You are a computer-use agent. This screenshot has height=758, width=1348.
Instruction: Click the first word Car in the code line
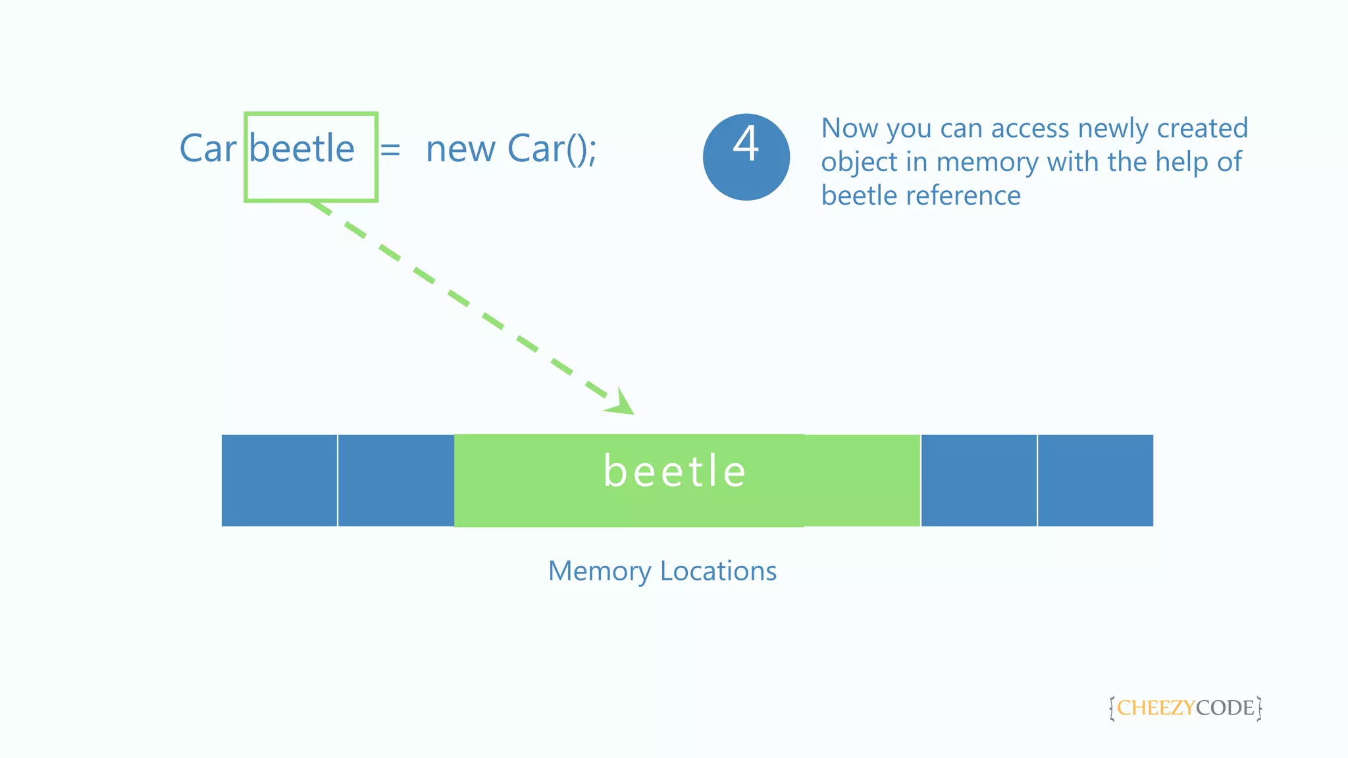(x=207, y=149)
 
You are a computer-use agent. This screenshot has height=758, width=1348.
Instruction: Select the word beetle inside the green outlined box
(x=302, y=149)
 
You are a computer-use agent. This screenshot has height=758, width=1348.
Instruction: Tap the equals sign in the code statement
(x=390, y=149)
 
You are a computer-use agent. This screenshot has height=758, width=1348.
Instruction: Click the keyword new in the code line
(x=461, y=150)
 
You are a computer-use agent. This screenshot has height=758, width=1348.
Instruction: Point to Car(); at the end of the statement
(x=552, y=149)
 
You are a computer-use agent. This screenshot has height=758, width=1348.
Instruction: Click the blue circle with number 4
(x=746, y=157)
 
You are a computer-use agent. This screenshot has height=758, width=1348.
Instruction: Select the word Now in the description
(x=850, y=128)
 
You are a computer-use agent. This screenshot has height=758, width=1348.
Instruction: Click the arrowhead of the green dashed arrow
(x=621, y=403)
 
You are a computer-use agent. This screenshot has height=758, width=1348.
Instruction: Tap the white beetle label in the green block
(x=675, y=471)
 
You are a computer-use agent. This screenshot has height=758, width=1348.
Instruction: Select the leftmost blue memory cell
(x=279, y=480)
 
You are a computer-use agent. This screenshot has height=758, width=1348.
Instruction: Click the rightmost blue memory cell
(x=1095, y=480)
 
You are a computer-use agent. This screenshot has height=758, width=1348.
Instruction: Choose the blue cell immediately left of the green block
(x=396, y=480)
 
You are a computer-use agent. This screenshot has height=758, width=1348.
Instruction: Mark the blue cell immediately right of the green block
(x=979, y=480)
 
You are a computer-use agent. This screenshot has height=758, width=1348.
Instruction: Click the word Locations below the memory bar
(x=718, y=571)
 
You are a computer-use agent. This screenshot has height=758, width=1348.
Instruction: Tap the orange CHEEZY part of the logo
(x=1156, y=708)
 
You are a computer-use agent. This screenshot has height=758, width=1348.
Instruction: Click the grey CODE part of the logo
(x=1225, y=708)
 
